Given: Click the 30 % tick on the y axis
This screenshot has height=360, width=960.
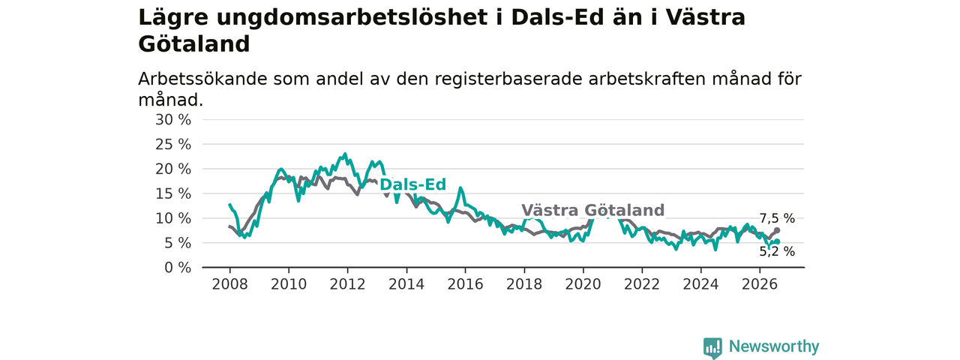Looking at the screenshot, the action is click(173, 120).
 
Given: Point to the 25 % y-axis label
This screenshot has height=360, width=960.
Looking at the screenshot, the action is click(173, 145).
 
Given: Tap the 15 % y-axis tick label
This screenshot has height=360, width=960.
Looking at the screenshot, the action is click(173, 193).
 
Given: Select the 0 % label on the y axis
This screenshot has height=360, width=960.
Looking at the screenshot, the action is click(178, 268).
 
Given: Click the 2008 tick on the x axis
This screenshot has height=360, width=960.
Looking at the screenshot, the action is click(229, 284).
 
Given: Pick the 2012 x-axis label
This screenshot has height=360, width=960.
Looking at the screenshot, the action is click(347, 284).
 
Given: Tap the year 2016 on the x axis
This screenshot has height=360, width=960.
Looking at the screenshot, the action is click(466, 284).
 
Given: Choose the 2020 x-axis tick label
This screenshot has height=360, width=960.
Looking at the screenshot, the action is click(583, 284).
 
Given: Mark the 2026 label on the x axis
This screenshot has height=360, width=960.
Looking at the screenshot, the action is click(760, 284).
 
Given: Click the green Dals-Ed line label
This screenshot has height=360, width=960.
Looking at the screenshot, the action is click(412, 184).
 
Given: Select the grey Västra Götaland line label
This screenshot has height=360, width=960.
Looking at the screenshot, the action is click(592, 211).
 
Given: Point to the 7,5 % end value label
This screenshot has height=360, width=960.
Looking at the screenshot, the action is click(778, 218).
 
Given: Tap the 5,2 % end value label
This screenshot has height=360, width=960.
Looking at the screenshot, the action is click(778, 251).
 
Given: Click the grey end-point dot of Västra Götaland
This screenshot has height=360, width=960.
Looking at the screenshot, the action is click(777, 230).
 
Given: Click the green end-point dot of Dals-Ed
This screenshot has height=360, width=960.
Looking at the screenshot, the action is click(777, 241).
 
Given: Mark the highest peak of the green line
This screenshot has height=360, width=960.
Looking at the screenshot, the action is click(345, 154).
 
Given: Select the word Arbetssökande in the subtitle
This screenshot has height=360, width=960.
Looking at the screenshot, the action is click(202, 79).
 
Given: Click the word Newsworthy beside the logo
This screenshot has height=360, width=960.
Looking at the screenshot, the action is click(774, 346).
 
